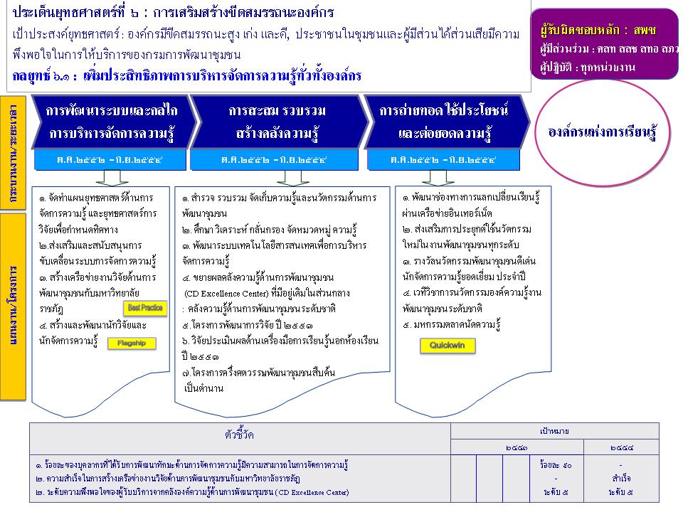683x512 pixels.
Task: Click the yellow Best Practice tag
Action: click(x=144, y=308)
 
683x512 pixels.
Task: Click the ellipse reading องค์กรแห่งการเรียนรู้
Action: click(x=602, y=133)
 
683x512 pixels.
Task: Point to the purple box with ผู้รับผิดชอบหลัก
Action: click(x=604, y=43)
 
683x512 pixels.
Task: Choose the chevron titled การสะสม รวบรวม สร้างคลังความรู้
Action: click(x=277, y=122)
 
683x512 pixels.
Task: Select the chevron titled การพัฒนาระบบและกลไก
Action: click(x=110, y=122)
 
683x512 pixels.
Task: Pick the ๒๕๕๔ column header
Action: click(x=621, y=448)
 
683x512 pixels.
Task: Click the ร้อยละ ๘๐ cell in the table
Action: click(x=556, y=466)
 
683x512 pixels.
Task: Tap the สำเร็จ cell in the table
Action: click(x=621, y=478)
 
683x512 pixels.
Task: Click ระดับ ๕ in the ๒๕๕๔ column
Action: click(x=621, y=491)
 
